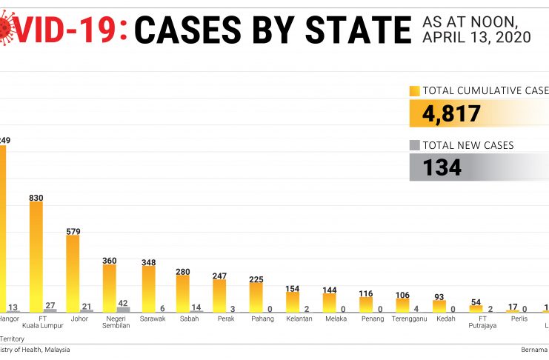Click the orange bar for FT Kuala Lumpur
[36, 256]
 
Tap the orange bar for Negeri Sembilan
[109, 288]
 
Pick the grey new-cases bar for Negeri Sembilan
[123, 309]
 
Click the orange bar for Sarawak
[148, 289]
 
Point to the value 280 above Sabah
[183, 272]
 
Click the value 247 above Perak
[219, 275]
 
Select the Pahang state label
[262, 319]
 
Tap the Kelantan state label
[299, 319]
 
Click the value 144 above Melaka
[329, 289]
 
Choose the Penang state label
[373, 319]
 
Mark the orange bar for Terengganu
[402, 304]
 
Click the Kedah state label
[446, 319]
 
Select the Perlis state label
[519, 319]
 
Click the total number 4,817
[452, 114]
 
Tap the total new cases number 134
[442, 167]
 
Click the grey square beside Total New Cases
[415, 146]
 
